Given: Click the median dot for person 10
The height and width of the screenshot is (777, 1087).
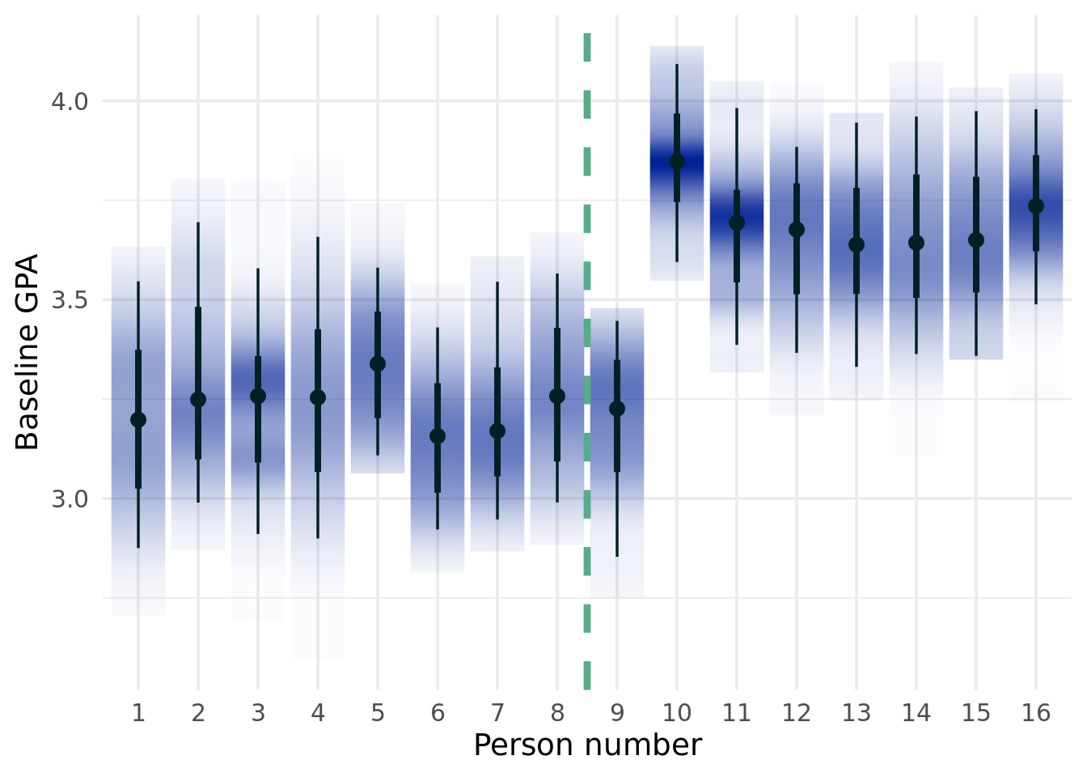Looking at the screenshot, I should click(677, 162).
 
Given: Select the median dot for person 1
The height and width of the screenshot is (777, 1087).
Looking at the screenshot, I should click(138, 419).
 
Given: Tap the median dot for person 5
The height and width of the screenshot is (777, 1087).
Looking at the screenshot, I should click(378, 364).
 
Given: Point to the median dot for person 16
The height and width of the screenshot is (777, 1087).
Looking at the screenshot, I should click(1036, 206).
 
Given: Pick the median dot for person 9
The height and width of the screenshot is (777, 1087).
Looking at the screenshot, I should click(617, 409).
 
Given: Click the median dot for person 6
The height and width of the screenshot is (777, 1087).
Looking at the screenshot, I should click(438, 436).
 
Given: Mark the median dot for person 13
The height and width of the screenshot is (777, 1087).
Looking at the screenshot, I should click(856, 244).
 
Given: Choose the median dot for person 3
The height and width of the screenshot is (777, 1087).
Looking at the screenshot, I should click(258, 396).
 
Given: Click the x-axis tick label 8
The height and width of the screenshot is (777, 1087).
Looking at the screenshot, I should click(557, 713).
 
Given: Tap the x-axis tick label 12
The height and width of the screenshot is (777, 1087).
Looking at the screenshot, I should click(797, 713).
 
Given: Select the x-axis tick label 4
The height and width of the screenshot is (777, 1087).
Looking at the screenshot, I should click(318, 713).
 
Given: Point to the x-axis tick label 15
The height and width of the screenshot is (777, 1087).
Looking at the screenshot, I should click(976, 713).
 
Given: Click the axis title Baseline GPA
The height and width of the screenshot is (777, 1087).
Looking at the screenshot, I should click(27, 351).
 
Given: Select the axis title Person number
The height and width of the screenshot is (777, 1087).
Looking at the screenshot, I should click(587, 745).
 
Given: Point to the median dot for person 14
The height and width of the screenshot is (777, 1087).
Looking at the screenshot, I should click(916, 243).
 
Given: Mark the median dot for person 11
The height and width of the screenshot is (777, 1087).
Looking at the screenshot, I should click(737, 223).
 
